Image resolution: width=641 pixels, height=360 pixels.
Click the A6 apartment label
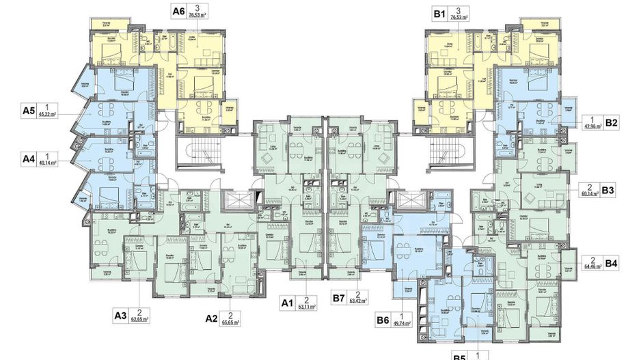click(x=179, y=12)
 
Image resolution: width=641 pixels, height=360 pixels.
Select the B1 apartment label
click(x=438, y=12)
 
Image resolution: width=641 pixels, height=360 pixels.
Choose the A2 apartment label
click(x=213, y=318)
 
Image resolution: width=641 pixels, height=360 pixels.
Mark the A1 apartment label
click(x=288, y=301)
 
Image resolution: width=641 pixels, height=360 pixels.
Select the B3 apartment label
click(x=610, y=191)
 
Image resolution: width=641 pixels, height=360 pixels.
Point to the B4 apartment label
click(x=611, y=262)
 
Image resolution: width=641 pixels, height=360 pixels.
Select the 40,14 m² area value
click(x=49, y=163)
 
